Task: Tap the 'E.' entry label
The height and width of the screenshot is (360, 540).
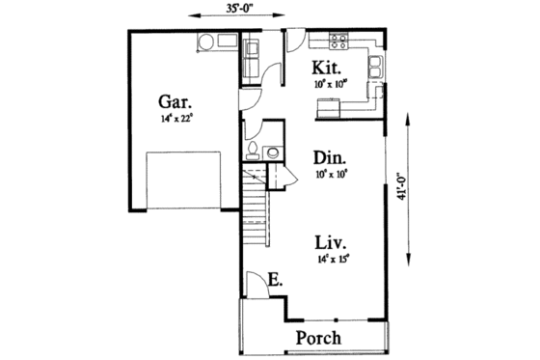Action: (x=275, y=281)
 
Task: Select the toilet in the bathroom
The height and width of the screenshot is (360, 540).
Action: (x=254, y=149)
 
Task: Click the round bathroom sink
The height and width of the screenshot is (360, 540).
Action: (x=273, y=152)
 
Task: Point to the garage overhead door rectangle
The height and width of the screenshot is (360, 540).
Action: (x=178, y=179)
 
